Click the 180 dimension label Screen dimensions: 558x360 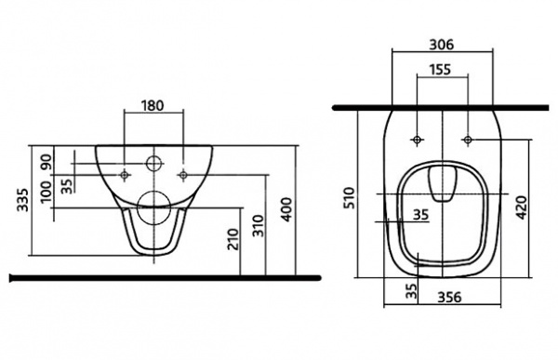tap(153, 106)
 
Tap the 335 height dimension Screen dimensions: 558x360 tap(23, 199)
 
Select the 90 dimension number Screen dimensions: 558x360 tap(46, 162)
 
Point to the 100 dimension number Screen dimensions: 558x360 tap(46, 192)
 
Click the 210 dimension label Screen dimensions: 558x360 tap(233, 239)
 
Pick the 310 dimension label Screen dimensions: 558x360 tap(259, 226)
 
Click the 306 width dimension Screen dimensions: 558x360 tap(442, 45)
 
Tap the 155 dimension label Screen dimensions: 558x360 tap(440, 70)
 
